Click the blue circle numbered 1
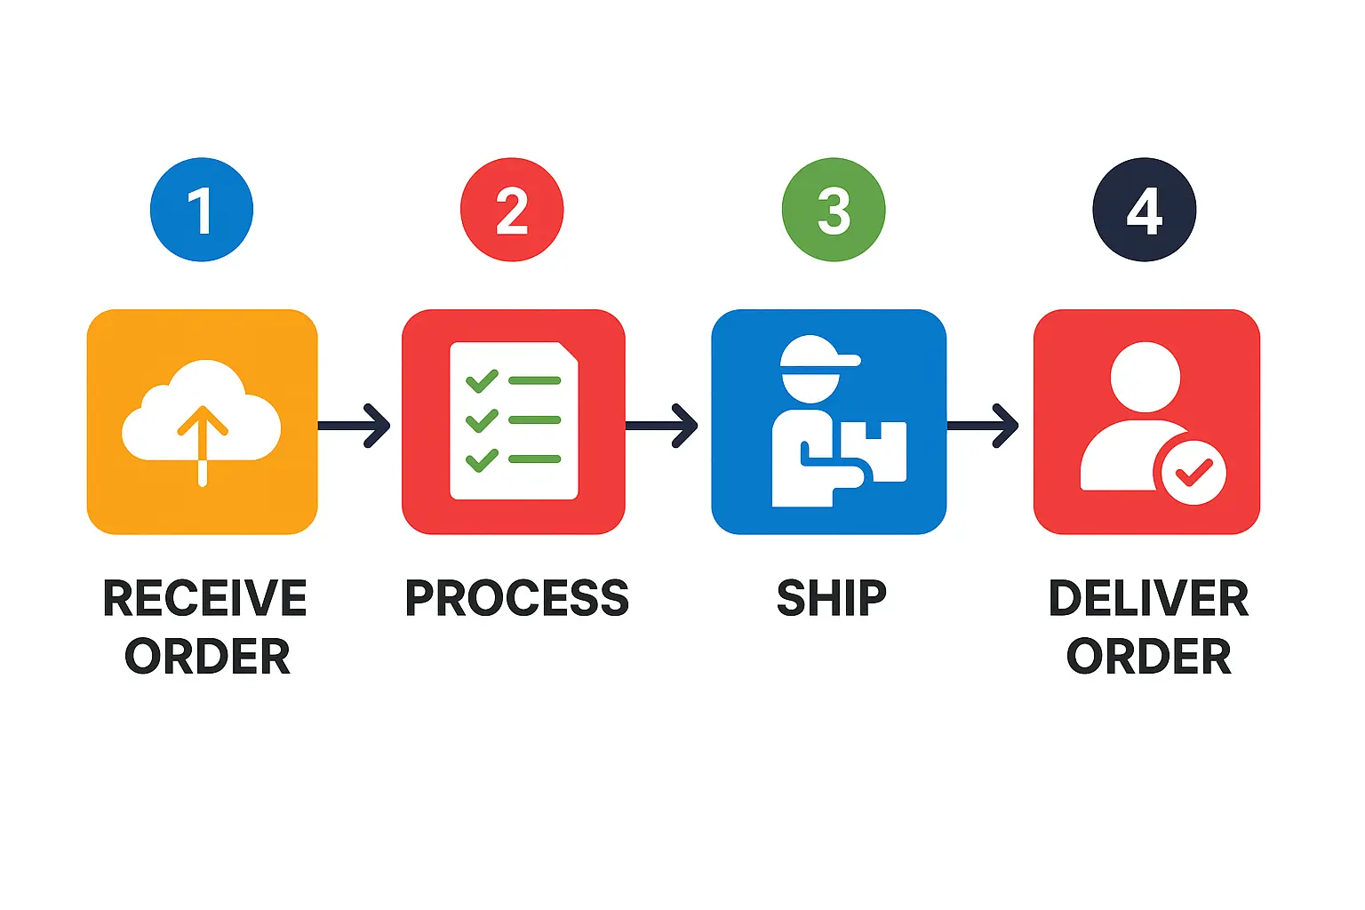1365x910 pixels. click(202, 210)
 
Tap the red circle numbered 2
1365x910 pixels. click(512, 210)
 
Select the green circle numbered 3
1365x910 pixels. click(834, 210)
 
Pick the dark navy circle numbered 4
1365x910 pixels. click(1145, 210)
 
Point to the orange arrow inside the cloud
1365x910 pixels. click(203, 444)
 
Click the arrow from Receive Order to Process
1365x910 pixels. click(355, 426)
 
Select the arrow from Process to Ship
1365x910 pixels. click(663, 426)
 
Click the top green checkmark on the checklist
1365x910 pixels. click(482, 380)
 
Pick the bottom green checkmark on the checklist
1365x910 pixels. click(482, 459)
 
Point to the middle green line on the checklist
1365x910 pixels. click(535, 419)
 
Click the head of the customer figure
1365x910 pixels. click(1145, 376)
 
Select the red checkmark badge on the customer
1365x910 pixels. click(1193, 473)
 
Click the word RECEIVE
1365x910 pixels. click(205, 598)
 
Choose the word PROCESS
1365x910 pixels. click(516, 598)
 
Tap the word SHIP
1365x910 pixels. click(832, 598)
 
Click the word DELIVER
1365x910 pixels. click(1148, 598)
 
